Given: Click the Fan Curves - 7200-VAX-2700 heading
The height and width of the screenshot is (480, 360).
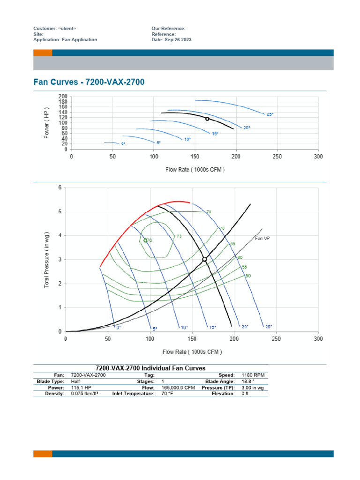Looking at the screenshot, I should pyautogui.click(x=89, y=82).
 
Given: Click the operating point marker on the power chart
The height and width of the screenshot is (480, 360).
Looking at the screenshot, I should pyautogui.click(x=207, y=119).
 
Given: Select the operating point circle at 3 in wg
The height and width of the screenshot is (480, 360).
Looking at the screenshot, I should pyautogui.click(x=204, y=259).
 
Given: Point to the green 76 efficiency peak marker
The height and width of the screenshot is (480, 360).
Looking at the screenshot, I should pyautogui.click(x=145, y=240).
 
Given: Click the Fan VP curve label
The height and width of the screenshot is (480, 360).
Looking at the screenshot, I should pyautogui.click(x=262, y=238).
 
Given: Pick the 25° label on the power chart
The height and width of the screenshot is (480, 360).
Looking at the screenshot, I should pyautogui.click(x=270, y=114).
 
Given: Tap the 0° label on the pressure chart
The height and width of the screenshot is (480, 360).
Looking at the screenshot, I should pyautogui.click(x=119, y=327).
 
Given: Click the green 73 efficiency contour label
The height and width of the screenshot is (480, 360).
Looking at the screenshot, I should pyautogui.click(x=179, y=236).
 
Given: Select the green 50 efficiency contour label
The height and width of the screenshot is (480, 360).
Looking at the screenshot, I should pyautogui.click(x=248, y=276).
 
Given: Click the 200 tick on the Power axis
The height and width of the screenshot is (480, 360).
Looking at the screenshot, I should pyautogui.click(x=63, y=97).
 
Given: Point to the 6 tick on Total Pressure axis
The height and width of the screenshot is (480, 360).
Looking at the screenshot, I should pyautogui.click(x=60, y=187).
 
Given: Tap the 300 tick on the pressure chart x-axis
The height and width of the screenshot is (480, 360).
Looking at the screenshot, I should pyautogui.click(x=318, y=338).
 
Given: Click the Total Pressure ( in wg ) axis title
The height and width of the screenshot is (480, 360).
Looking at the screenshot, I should pyautogui.click(x=47, y=259).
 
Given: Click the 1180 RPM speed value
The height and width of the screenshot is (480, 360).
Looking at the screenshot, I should pyautogui.click(x=253, y=375).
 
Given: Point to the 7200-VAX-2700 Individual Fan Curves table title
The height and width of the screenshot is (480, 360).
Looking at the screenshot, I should pyautogui.click(x=150, y=368).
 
